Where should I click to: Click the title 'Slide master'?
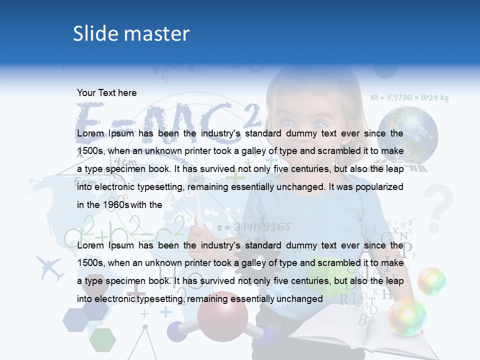click(x=131, y=33)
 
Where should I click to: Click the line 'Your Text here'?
click(x=106, y=92)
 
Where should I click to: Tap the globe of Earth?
click(x=407, y=135)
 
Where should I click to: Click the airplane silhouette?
click(x=50, y=267)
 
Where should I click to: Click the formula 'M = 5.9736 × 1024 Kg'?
click(x=409, y=98)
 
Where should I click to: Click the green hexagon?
click(x=103, y=339)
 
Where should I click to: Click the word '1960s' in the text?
click(x=116, y=204)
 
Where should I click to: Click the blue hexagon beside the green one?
click(x=75, y=320)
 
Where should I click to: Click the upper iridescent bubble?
click(x=431, y=281)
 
